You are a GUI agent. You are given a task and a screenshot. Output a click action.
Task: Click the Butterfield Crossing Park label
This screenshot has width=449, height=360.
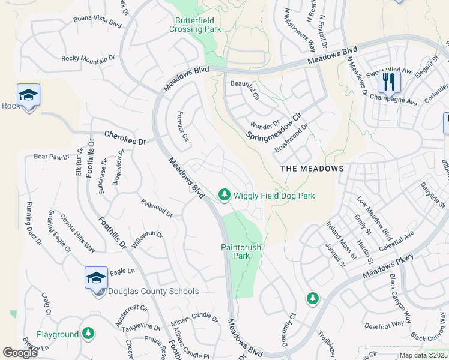(195, 24)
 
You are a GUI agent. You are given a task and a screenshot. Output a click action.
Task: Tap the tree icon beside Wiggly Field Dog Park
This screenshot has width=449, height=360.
(224, 194)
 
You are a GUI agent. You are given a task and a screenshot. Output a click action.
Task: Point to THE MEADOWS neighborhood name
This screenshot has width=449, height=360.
(312, 169)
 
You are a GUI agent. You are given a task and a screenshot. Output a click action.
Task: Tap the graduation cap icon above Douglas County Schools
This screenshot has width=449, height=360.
(96, 278)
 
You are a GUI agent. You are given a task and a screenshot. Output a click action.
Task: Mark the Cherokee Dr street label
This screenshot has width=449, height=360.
(125, 138)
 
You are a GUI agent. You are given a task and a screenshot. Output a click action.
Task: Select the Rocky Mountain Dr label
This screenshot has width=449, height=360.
(88, 58)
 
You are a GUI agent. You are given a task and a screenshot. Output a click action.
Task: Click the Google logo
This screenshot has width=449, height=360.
(20, 352)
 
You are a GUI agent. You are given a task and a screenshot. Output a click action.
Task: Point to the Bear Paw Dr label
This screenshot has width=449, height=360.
(52, 157)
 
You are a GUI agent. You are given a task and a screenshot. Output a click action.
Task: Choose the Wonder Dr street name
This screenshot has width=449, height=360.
(265, 125)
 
